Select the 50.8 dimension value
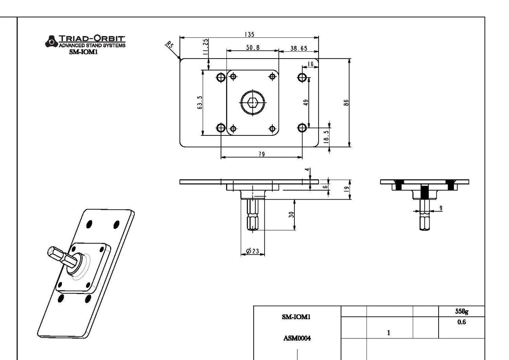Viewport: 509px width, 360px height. pyautogui.click(x=253, y=48)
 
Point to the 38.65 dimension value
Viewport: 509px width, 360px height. pyautogui.click(x=299, y=48)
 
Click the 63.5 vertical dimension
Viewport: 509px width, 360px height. pyautogui.click(x=200, y=103)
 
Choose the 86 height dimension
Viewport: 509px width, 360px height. pyautogui.click(x=346, y=102)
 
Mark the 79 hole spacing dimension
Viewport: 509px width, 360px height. pyautogui.click(x=262, y=154)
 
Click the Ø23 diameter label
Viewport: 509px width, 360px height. pyautogui.click(x=252, y=251)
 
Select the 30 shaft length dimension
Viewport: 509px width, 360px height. pyautogui.click(x=291, y=215)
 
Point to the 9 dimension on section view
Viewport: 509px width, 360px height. pyautogui.click(x=441, y=208)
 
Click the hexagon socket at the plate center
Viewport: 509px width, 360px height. pyautogui.click(x=253, y=102)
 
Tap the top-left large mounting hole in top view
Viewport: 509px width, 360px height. pyautogui.click(x=221, y=77)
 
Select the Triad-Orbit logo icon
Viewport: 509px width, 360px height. pyautogui.click(x=51, y=41)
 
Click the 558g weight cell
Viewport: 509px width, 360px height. pyautogui.click(x=461, y=311)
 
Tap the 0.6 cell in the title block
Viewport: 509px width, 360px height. pyautogui.click(x=461, y=322)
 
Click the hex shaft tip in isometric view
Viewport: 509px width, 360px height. pyautogui.click(x=53, y=253)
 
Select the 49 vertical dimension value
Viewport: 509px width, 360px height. pyautogui.click(x=306, y=102)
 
